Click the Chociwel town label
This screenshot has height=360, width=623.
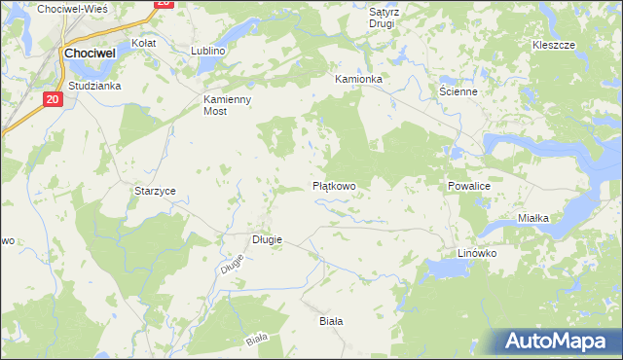tap(91, 54)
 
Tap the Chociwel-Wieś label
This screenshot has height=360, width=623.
tap(71, 8)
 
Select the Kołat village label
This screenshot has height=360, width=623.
tap(144, 44)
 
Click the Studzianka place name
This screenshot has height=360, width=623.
tap(93, 86)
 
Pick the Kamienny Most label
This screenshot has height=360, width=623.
tap(228, 106)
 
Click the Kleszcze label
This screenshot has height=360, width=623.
tap(554, 46)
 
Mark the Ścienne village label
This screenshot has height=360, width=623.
tap(458, 91)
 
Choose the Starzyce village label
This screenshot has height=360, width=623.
tap(155, 192)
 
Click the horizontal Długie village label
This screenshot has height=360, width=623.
tap(268, 239)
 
